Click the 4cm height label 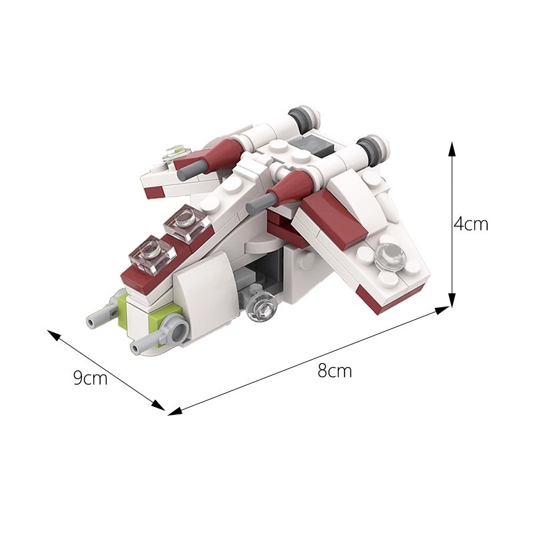pos(471,225)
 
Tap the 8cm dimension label pos(334,370)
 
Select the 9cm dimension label pos(90,378)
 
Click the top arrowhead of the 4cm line pos(452,149)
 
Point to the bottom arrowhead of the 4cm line pos(452,299)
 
